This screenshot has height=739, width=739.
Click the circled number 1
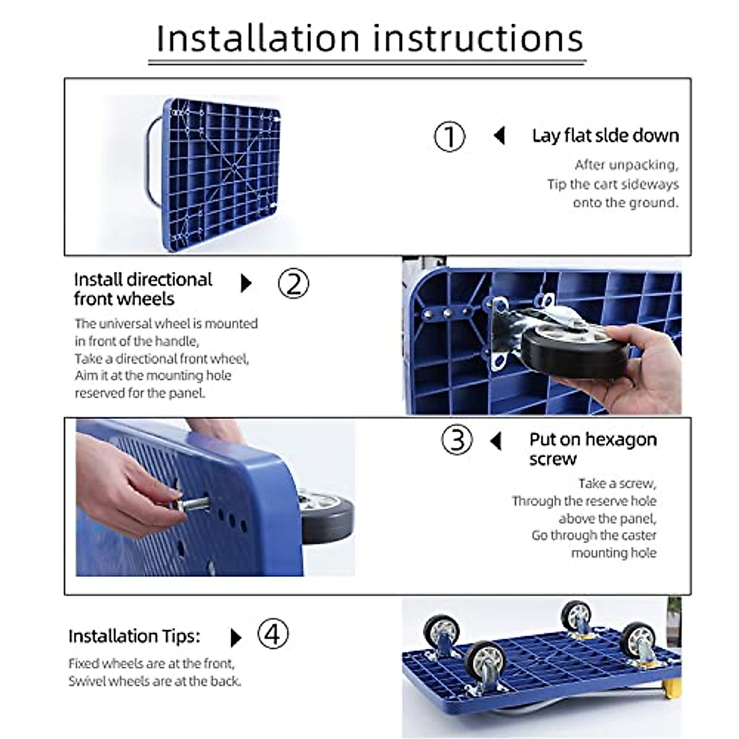click(449, 137)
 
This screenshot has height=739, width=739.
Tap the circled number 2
click(293, 284)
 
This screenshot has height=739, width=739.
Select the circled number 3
click(456, 440)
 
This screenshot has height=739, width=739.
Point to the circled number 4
click(273, 634)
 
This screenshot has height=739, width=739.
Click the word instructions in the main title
click(478, 39)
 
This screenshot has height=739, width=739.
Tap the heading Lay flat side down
click(605, 135)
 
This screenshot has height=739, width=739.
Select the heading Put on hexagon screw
click(593, 449)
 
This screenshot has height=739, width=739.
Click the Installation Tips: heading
click(134, 636)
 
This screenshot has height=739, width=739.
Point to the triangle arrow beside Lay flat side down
click(499, 135)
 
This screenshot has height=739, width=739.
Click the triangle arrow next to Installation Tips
click(235, 638)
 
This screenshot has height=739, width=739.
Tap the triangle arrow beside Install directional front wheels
click(246, 283)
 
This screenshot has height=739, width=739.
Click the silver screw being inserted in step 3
click(190, 504)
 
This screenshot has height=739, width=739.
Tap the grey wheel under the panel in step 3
click(327, 512)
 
